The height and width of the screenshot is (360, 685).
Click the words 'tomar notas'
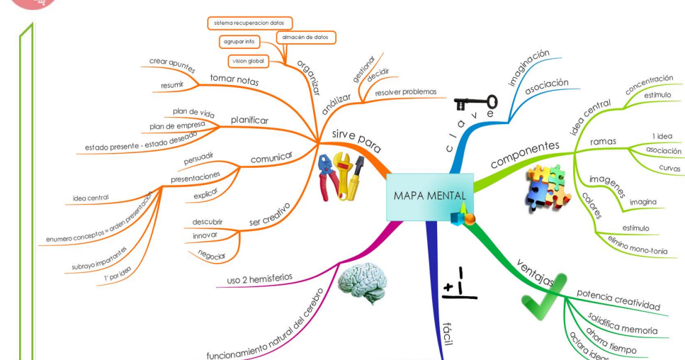point(234,81)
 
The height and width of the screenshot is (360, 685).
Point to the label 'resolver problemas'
point(405,92)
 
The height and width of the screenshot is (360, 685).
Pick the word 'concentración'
point(648,84)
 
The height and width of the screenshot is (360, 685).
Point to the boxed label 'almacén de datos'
point(305,37)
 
